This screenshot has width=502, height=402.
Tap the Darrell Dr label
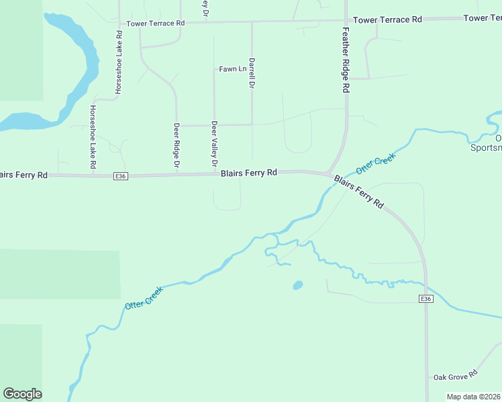tap(252, 73)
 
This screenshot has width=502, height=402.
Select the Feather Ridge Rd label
tap(346, 60)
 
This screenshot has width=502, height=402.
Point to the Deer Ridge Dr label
tap(177, 145)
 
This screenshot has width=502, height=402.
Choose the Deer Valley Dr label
tap(214, 144)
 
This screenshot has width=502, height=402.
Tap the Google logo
tap(22, 394)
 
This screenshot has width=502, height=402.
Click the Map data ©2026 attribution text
tap(474, 397)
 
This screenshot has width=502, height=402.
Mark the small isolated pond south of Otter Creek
tap(297, 285)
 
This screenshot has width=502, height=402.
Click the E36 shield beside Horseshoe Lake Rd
tap(120, 176)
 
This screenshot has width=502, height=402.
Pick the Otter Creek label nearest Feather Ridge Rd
tap(376, 164)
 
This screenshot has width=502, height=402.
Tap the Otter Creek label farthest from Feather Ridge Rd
tap(144, 297)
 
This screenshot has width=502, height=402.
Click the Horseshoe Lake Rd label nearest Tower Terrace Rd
tap(119, 62)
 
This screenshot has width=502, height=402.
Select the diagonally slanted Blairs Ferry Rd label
tap(358, 192)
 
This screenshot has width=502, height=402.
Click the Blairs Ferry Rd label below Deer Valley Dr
tap(249, 173)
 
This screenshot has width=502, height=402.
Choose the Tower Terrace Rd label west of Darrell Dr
tap(156, 23)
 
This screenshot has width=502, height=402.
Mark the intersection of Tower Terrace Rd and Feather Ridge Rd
tap(346, 21)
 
